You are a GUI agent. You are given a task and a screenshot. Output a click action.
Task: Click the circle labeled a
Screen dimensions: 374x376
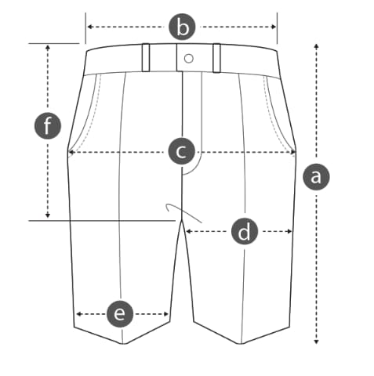click(x=316, y=177)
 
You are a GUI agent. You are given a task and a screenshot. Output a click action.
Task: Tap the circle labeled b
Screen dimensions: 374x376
click(x=182, y=27)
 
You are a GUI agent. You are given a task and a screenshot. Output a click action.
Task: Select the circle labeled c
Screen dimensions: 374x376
click(x=182, y=151)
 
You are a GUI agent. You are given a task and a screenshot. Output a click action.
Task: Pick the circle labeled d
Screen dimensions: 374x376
click(x=245, y=232)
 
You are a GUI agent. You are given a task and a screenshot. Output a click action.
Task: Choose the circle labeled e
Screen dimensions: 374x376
click(x=120, y=313)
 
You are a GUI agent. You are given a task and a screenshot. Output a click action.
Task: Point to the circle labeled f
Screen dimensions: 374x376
click(x=48, y=125)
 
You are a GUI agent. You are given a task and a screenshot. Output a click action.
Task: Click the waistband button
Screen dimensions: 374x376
click(x=189, y=59)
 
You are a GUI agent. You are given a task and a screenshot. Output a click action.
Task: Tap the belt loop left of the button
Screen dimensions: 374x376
click(x=146, y=57)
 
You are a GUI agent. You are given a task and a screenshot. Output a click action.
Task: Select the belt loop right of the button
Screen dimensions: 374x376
click(x=216, y=58)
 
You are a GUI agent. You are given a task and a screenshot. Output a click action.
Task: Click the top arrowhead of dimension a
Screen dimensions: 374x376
click(x=316, y=46)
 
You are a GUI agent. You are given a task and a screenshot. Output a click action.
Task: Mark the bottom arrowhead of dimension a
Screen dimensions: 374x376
click(x=316, y=342)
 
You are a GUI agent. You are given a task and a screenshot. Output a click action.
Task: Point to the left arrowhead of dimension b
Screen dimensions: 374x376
click(x=89, y=27)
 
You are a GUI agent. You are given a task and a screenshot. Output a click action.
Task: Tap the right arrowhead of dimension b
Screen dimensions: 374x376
click(x=274, y=27)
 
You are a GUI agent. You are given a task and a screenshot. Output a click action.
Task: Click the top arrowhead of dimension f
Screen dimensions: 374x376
click(x=48, y=48)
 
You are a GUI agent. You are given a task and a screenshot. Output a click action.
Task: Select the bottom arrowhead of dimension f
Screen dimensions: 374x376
click(x=48, y=215)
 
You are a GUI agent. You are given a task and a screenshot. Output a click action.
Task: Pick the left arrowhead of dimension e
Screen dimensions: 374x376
click(x=78, y=314)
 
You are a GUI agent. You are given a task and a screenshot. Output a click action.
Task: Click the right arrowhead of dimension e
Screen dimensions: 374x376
click(x=165, y=314)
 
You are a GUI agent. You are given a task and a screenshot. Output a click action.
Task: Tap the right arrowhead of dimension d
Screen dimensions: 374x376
click(x=289, y=231)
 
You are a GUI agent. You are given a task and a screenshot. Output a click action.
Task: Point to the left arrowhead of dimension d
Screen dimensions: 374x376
click(x=188, y=231)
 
